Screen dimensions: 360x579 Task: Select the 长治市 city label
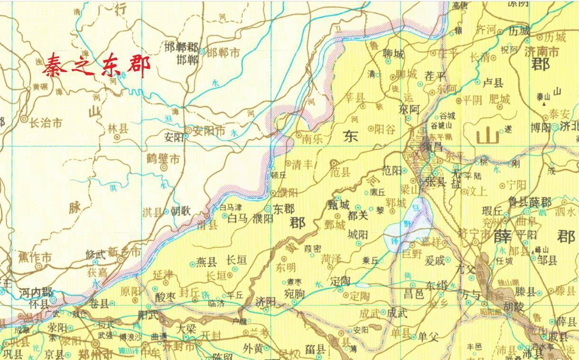point(46,123)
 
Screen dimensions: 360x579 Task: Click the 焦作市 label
point(35,258)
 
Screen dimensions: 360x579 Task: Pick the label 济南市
point(542,52)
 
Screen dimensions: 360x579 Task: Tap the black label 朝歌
point(180,211)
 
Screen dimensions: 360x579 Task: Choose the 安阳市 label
point(208,130)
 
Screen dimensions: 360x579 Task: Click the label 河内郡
point(36,292)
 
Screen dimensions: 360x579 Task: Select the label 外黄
point(253,348)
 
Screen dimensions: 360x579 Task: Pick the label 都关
point(358,215)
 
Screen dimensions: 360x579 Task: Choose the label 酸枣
point(166,296)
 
